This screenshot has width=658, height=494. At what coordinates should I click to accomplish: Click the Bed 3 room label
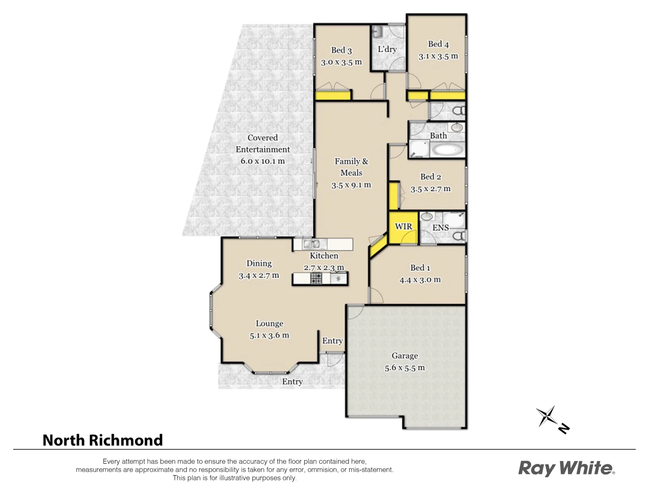[341, 50]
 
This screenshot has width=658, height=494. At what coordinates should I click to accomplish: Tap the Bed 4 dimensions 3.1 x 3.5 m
[438, 57]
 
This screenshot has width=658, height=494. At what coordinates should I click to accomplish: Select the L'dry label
[387, 49]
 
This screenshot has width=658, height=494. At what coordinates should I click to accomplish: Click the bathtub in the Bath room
[448, 150]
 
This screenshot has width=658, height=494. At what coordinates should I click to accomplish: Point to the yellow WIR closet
[403, 227]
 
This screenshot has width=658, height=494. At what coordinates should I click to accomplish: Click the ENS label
[440, 228]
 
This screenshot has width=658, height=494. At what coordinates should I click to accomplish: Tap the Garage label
[404, 356]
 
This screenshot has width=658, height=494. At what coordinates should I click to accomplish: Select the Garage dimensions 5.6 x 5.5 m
[404, 368]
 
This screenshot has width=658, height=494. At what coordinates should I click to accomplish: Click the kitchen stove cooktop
[316, 278]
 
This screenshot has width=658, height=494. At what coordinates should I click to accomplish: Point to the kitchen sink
[311, 244]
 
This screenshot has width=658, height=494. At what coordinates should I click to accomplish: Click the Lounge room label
[269, 324]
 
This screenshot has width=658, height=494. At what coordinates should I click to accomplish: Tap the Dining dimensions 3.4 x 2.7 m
[259, 276]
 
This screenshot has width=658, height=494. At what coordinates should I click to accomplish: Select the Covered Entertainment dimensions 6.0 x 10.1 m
[263, 161]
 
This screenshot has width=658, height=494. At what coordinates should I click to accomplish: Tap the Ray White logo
[566, 468]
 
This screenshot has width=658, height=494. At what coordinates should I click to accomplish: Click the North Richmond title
[103, 440]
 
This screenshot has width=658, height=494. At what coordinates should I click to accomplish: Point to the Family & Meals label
[351, 167]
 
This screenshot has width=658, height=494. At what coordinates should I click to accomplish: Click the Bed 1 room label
[420, 268]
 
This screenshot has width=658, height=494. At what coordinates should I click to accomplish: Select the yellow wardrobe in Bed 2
[393, 196]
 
